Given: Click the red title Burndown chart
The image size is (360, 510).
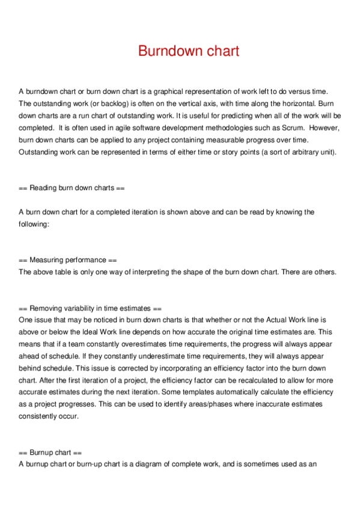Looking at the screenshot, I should [188, 51].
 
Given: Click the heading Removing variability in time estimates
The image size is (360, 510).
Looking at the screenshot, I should [90, 307].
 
